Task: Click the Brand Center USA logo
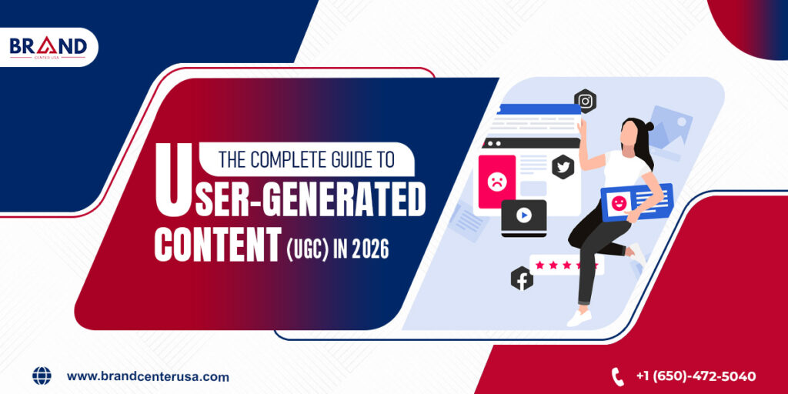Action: pyautogui.click(x=48, y=47)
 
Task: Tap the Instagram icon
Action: pyautogui.click(x=586, y=101)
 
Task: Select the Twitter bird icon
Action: pyautogui.click(x=563, y=165)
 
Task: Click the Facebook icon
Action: pyautogui.click(x=522, y=279)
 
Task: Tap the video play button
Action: pyautogui.click(x=523, y=216)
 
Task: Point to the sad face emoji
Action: pyautogui.click(x=496, y=182)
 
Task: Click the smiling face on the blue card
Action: pyautogui.click(x=618, y=202)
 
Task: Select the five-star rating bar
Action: pyautogui.click(x=566, y=265)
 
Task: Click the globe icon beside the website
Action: pyautogui.click(x=42, y=376)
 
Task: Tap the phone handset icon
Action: pyautogui.click(x=617, y=376)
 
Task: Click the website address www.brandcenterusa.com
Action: pyautogui.click(x=148, y=376)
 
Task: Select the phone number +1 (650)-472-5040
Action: pyautogui.click(x=696, y=376)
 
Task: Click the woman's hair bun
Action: pyautogui.click(x=648, y=126)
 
